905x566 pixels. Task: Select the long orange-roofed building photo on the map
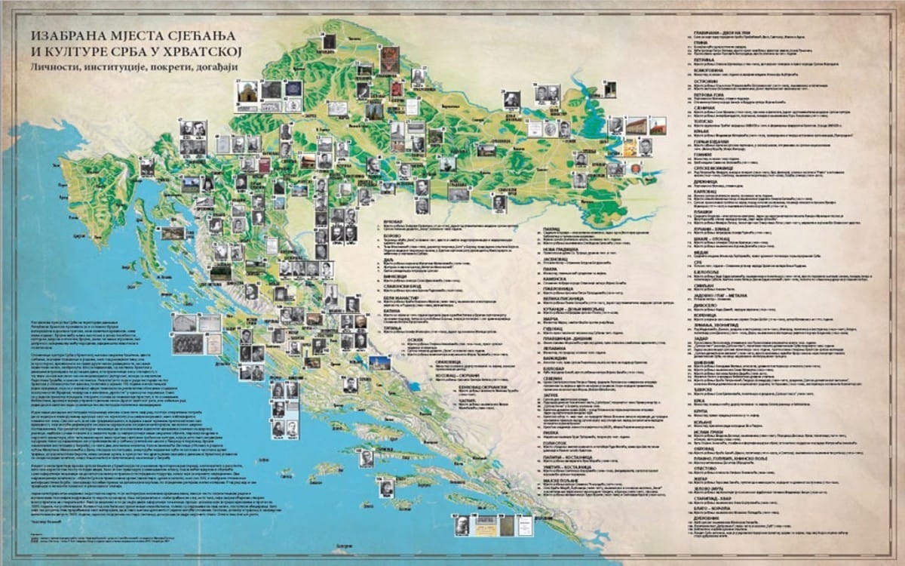[636, 125]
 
